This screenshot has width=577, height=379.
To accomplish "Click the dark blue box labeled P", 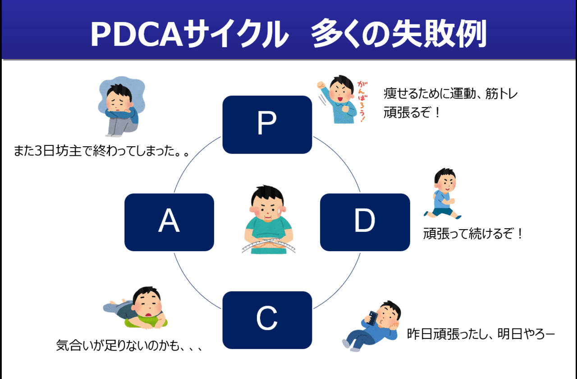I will coord(267,125).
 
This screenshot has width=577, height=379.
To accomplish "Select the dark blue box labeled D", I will coord(365,222).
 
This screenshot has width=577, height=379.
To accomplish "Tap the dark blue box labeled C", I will coord(267,320).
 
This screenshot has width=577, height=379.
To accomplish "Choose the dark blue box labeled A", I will coord(169,222).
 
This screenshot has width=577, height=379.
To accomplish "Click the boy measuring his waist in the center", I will coord(268,216).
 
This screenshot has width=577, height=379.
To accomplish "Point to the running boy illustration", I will coord(443,194).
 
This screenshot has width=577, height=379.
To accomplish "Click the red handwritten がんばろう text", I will coord(362,102).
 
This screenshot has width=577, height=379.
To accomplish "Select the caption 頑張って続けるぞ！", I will coord(473,234).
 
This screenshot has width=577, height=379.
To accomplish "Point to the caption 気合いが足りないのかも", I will coord(128,346).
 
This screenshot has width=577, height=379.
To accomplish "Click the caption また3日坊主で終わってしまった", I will coord(101,151).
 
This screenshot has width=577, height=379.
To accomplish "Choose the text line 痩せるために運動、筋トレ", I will coord(451,94).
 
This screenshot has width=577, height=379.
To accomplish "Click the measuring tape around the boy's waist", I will coord(268,246).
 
